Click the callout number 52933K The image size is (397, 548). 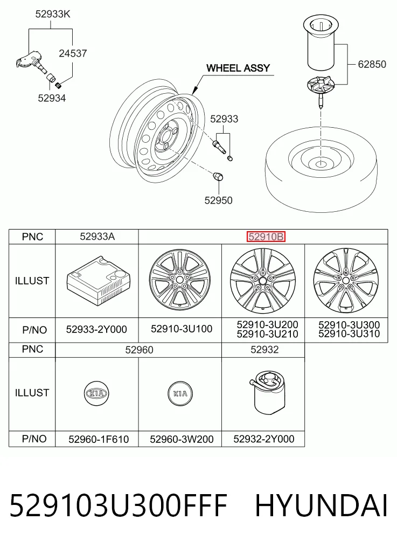(53, 14)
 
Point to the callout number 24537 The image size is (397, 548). (73, 53)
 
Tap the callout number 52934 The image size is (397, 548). (52, 98)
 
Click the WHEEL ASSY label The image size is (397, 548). (238, 68)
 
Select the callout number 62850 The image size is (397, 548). (372, 64)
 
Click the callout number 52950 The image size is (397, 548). (218, 200)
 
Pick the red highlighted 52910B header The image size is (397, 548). (266, 237)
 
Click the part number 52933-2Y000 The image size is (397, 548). (96, 330)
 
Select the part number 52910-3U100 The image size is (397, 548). (182, 329)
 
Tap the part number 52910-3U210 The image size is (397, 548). (267, 335)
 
